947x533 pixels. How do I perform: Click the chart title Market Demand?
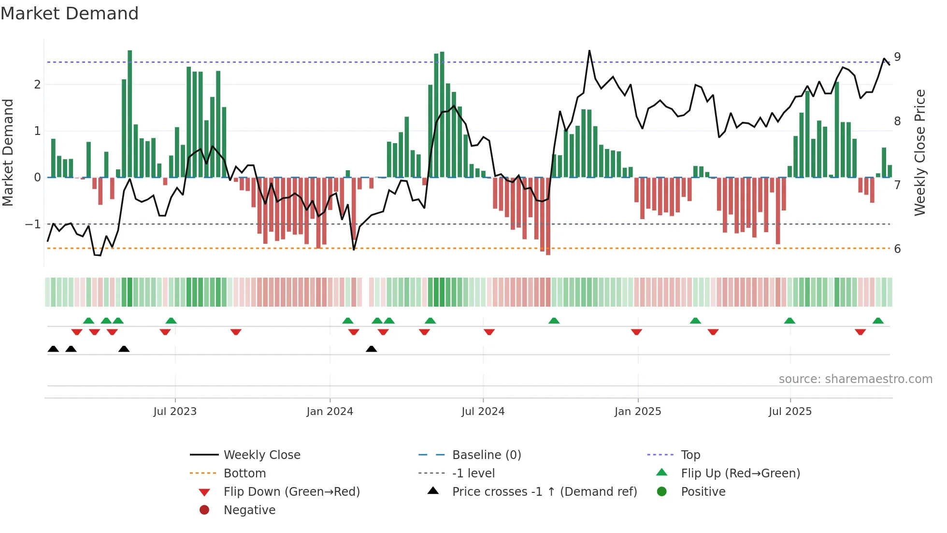70,14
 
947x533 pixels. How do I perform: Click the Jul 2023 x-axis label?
175,412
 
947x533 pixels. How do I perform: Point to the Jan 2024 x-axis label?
330,412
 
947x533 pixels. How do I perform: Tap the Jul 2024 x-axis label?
483,412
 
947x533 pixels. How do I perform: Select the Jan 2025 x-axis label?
638,412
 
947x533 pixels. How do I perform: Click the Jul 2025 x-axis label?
790,412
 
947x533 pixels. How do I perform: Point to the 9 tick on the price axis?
897,57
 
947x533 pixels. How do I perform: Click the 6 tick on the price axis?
897,249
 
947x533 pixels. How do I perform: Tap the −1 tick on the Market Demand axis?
33,224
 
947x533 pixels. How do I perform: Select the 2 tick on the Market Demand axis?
37,85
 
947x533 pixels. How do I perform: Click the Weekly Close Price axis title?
920,152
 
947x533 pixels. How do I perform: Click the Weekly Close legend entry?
261,455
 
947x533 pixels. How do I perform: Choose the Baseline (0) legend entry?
486,455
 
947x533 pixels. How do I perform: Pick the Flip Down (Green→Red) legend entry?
291,492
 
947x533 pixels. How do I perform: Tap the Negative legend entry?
249,510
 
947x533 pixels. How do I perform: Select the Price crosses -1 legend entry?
544,492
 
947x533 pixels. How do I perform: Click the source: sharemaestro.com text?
855,379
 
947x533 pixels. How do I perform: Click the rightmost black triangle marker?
371,349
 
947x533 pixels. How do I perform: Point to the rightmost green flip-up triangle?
878,321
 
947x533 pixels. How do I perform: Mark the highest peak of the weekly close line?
589,50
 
